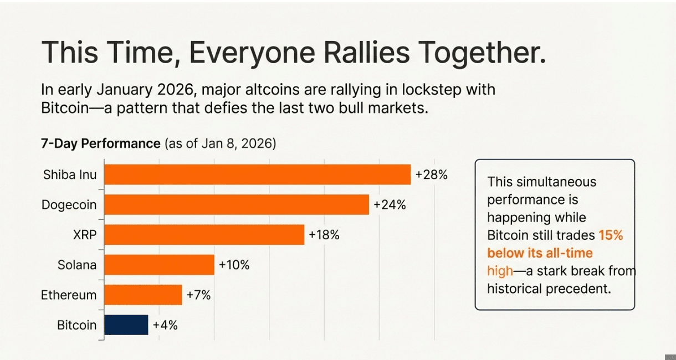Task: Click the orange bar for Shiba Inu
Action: click(257, 174)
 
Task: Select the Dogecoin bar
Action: click(237, 204)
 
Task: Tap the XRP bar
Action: click(204, 234)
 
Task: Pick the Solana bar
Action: click(159, 265)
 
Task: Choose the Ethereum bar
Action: click(143, 295)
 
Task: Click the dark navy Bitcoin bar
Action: click(126, 325)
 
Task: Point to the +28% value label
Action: click(431, 174)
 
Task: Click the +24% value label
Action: click(390, 204)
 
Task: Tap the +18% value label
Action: click(324, 234)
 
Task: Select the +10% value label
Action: click(234, 265)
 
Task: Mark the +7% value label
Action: click(199, 295)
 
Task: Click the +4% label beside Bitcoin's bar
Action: click(165, 325)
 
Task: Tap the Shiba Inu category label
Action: click(70, 174)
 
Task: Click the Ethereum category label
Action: click(69, 295)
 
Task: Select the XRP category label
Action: click(85, 234)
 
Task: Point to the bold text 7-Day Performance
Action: click(100, 143)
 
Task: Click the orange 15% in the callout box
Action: click(611, 235)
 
